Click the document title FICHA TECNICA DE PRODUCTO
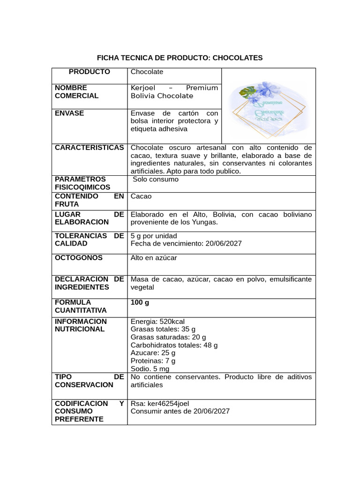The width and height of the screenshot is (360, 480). click(x=180, y=58)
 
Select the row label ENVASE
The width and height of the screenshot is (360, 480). click(x=69, y=113)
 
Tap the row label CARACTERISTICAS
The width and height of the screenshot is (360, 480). click(x=89, y=148)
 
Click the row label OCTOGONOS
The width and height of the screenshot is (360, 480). click(x=79, y=258)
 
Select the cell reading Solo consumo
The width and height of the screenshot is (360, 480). click(x=155, y=180)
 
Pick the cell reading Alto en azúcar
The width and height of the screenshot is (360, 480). click(x=154, y=258)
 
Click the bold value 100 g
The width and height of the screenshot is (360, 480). click(x=140, y=303)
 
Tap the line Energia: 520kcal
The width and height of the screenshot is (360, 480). click(x=157, y=322)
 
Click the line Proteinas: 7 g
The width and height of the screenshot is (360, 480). click(x=153, y=361)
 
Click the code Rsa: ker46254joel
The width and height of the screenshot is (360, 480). click(x=160, y=404)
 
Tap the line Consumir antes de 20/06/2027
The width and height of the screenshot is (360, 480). click(x=180, y=412)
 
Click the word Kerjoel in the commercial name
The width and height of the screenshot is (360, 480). click(x=143, y=88)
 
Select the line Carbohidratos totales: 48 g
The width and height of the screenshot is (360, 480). click(x=174, y=345)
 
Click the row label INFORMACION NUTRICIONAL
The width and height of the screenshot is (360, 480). click(x=81, y=325)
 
